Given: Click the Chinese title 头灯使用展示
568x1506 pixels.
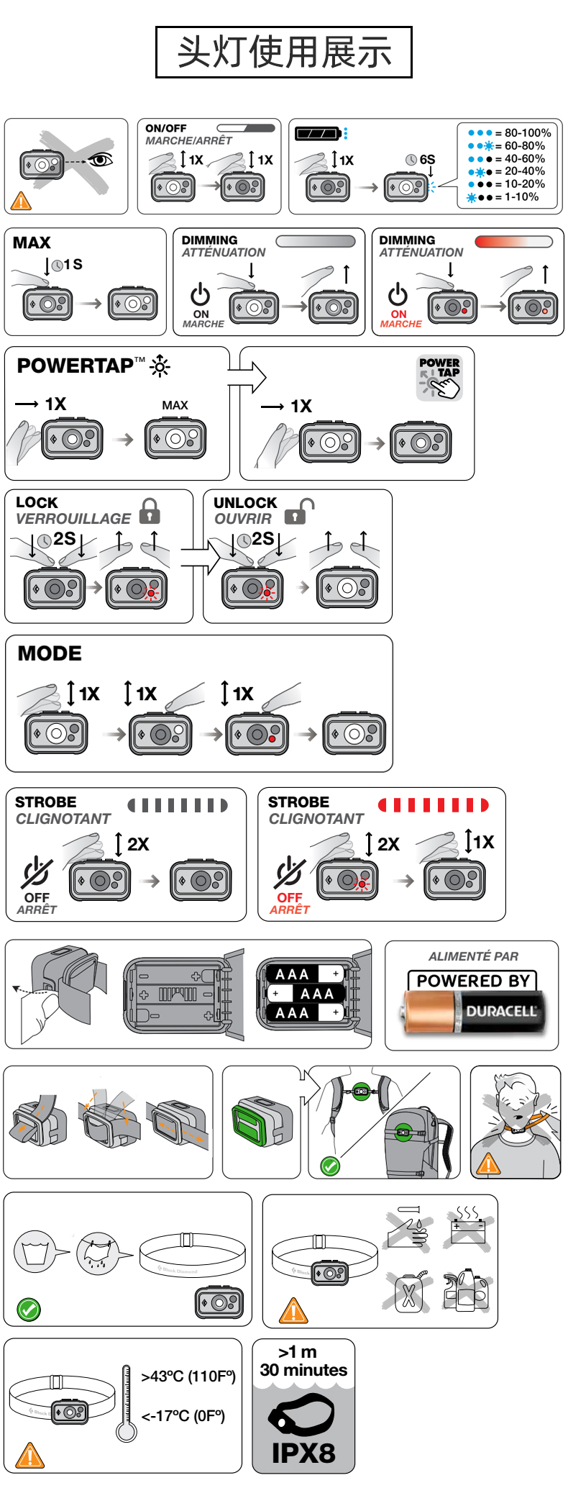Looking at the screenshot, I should coord(284,53).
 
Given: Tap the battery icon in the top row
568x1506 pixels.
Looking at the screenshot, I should coord(318,134).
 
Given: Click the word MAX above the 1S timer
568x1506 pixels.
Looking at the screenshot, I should coord(32,242).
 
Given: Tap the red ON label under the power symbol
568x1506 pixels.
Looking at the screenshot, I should coord(399,314).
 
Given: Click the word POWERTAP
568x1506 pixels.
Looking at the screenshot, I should coord(75,366).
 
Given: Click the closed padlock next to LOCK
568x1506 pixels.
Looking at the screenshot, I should coord(150,511).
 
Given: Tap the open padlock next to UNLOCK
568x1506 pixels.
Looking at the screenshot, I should coord(297,511).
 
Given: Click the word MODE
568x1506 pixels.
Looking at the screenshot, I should coord(50,653).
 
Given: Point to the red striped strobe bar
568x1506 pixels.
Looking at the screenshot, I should coord(433,804).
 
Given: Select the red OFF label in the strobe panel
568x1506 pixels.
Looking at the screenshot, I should coord(290,897).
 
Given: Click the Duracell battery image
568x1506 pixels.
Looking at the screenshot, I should coord(472,1011).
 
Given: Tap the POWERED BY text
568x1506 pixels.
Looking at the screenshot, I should coord(472,981).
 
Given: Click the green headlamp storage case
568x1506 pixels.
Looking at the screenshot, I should coord(255,1122).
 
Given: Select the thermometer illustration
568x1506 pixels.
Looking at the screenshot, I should coord(127,1403).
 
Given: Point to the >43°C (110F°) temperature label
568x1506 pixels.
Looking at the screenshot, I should coord(188,1376).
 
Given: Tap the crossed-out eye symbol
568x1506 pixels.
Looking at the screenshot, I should coord(101,160).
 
